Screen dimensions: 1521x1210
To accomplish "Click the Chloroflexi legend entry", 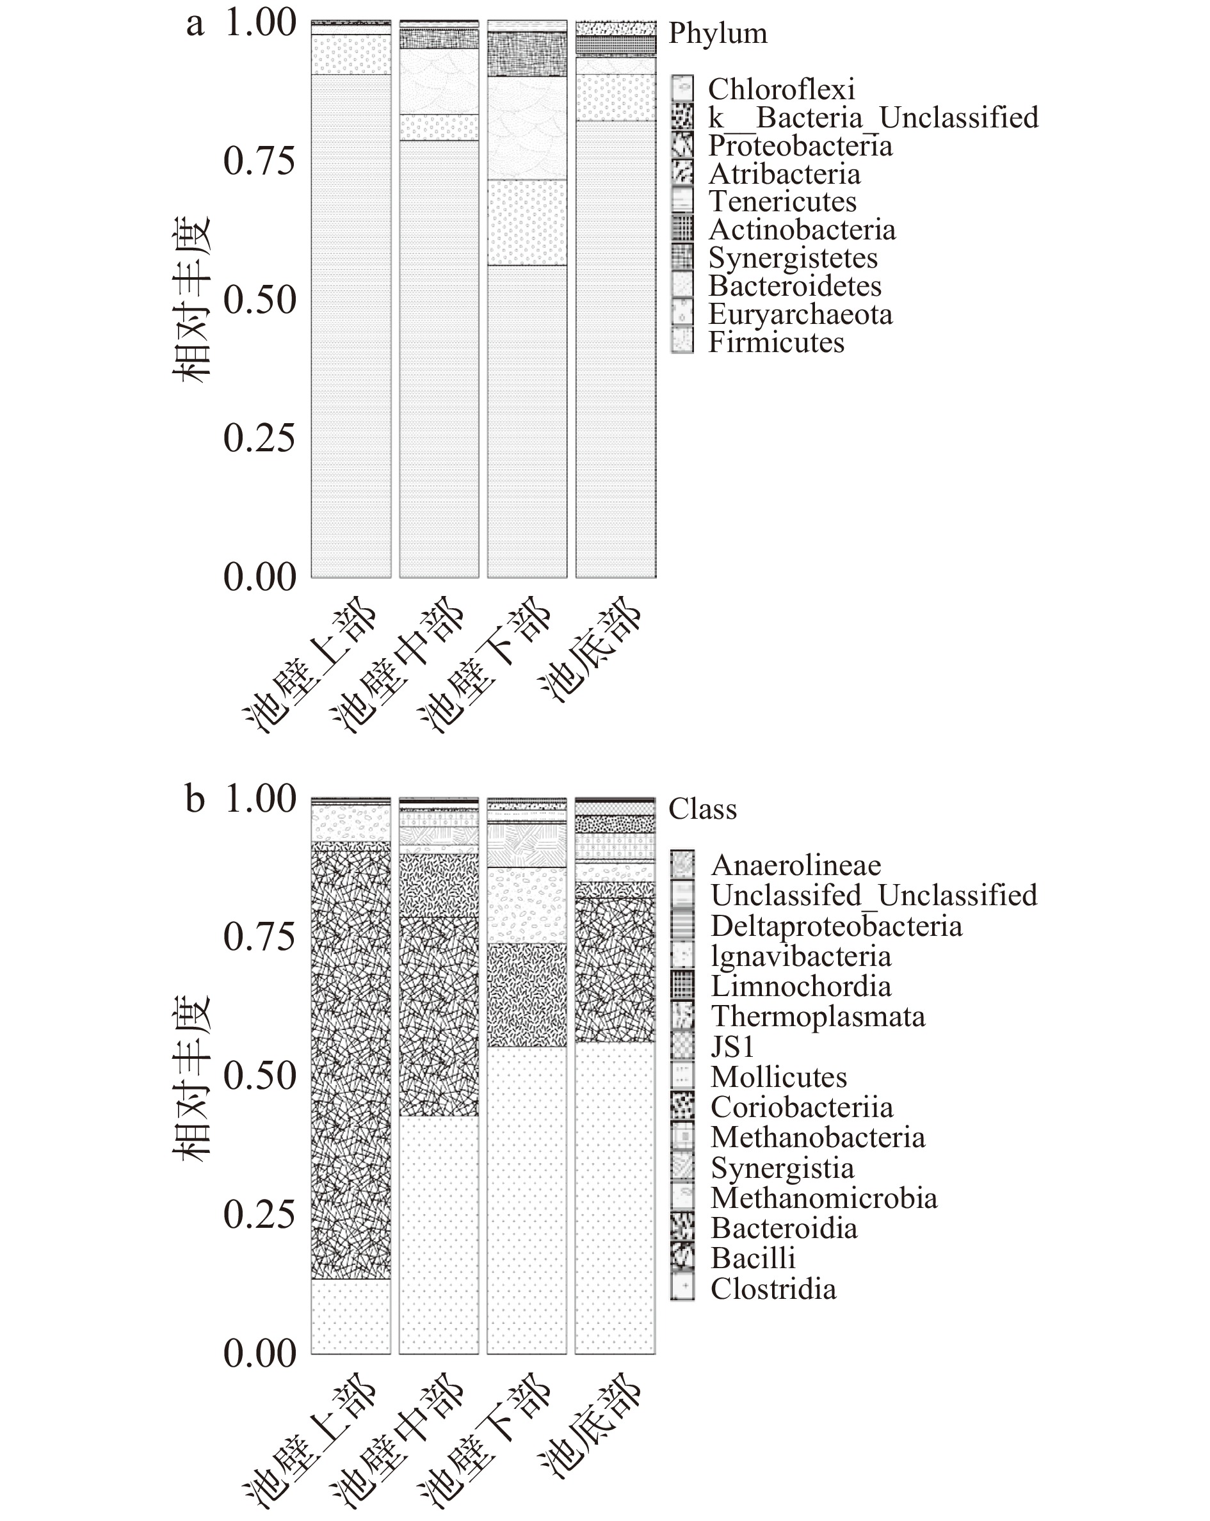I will click(781, 89).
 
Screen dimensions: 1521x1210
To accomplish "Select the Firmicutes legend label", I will click(776, 342).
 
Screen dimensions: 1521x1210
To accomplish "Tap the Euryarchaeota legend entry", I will click(800, 314).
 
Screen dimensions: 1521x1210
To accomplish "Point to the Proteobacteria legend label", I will click(800, 145).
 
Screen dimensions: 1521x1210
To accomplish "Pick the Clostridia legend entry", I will click(773, 1289).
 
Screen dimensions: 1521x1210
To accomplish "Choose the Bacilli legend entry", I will click(753, 1258).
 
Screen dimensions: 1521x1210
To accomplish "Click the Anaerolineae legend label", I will click(796, 865).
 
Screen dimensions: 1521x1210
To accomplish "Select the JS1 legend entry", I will click(732, 1046).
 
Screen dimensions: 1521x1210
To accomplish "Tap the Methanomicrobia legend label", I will click(824, 1198).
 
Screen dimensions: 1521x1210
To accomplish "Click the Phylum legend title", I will click(718, 33).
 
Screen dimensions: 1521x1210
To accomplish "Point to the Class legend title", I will click(702, 809).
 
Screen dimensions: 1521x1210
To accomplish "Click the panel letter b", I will click(195, 800).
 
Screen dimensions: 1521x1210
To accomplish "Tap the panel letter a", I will click(195, 23).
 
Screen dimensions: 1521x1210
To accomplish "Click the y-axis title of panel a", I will click(191, 299).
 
